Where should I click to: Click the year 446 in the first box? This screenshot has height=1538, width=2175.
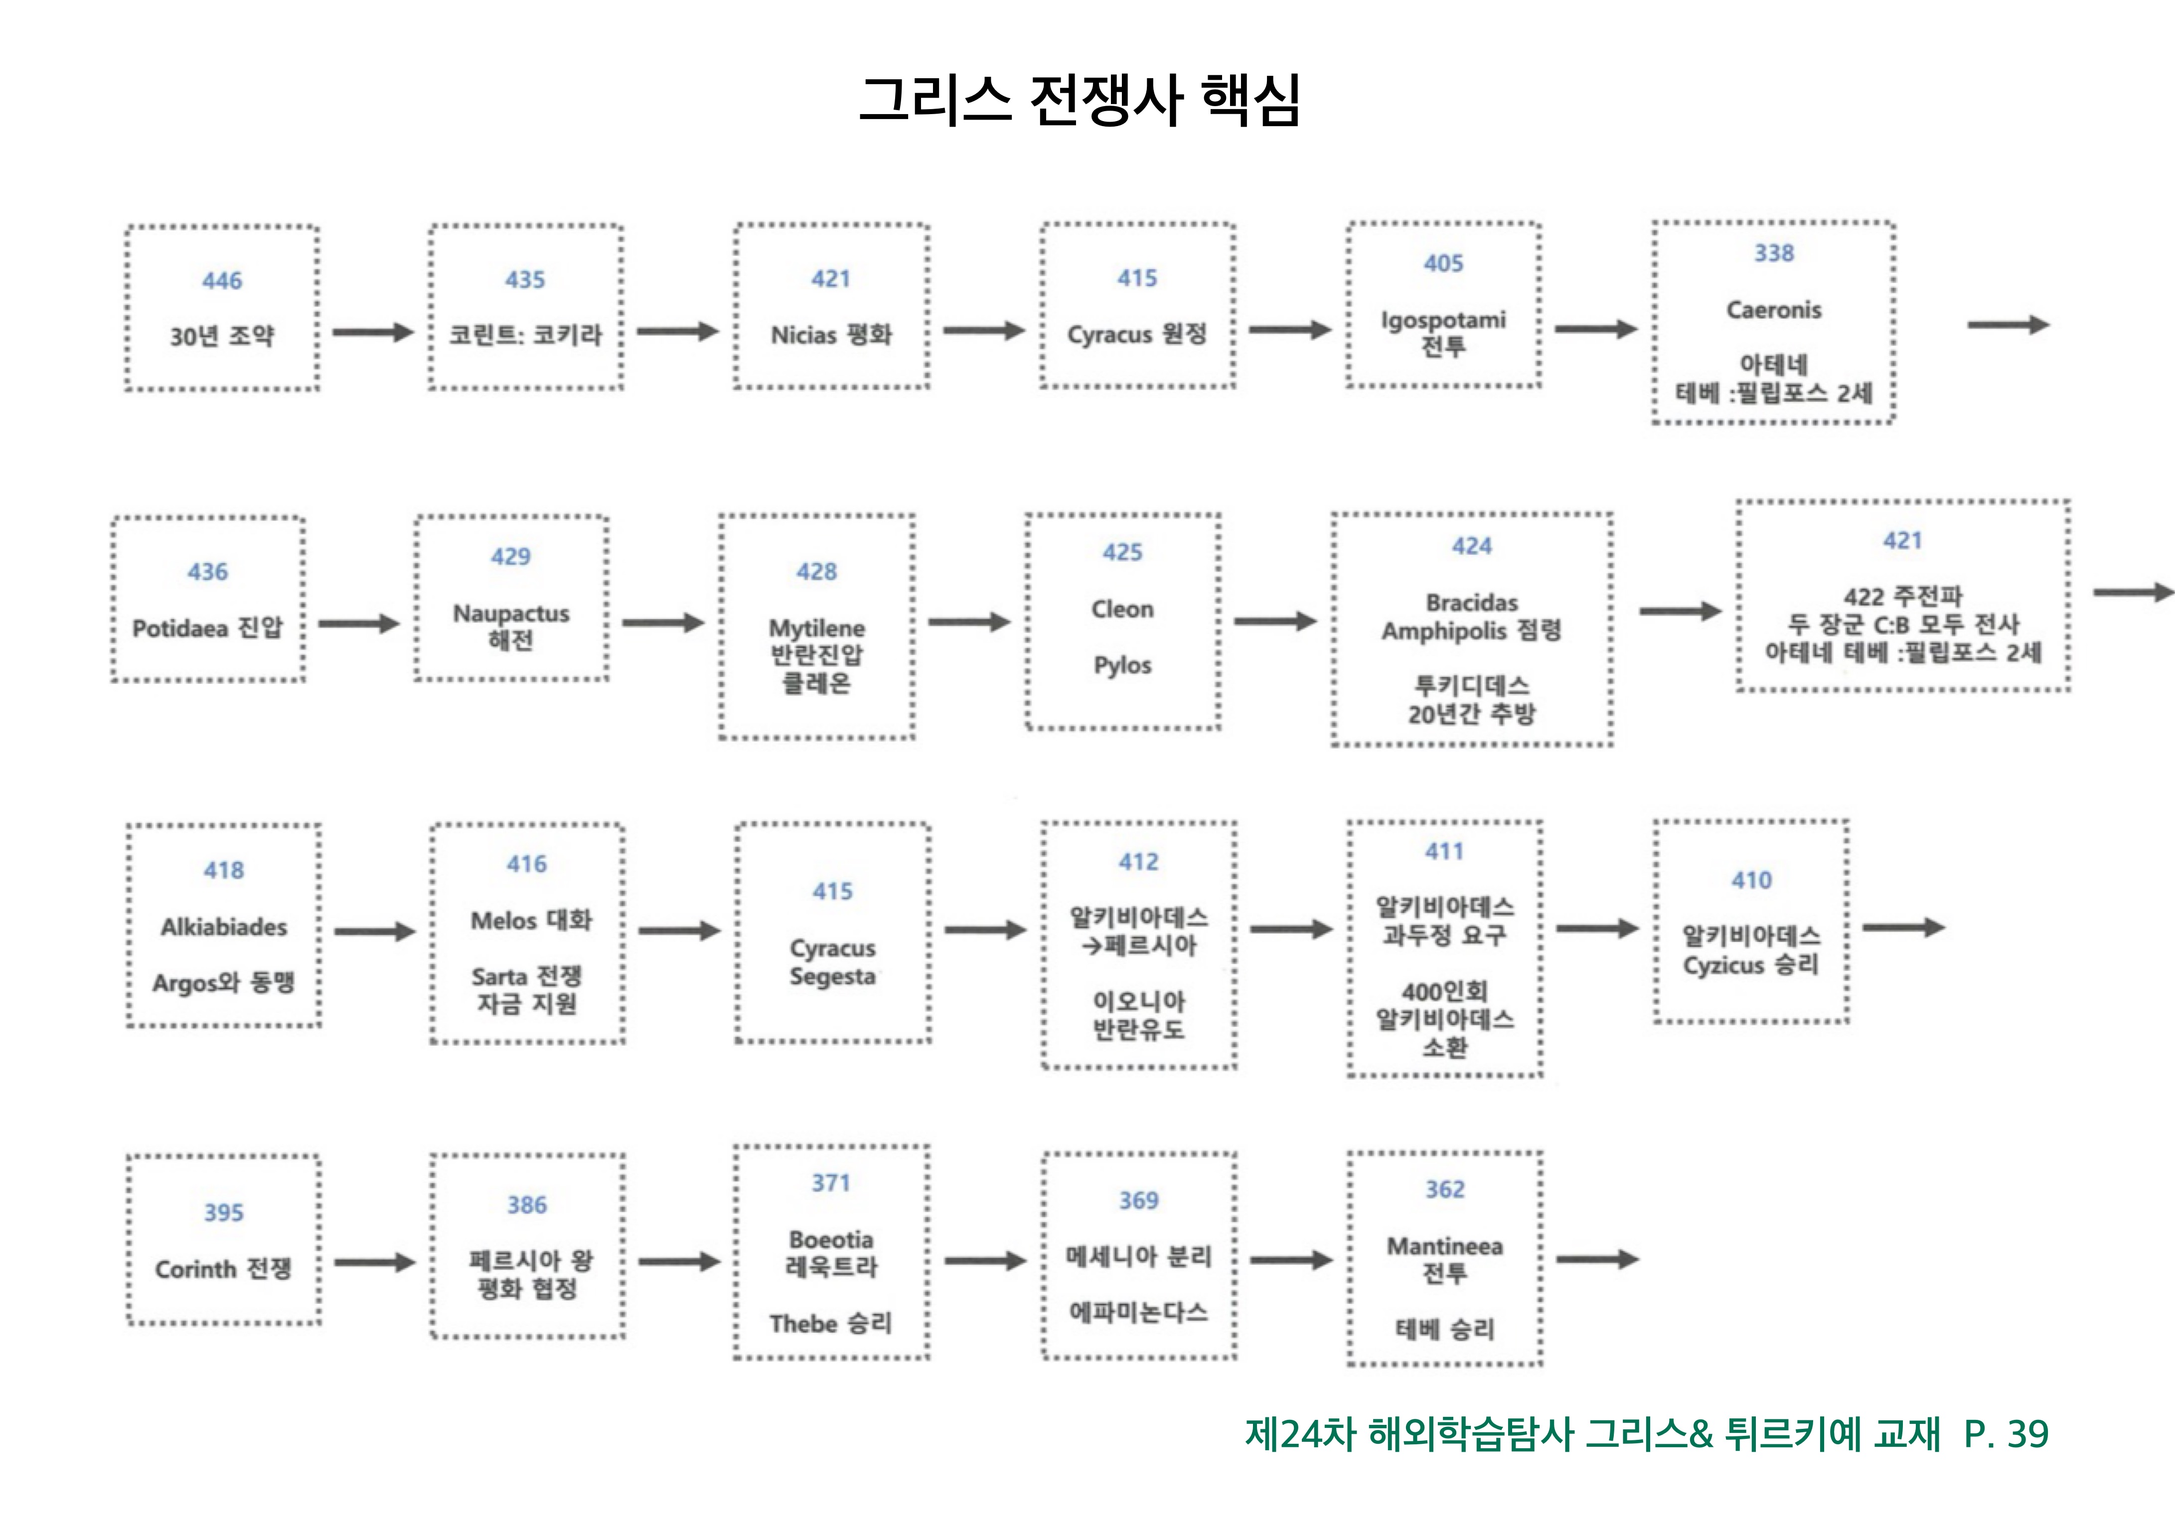click(x=222, y=280)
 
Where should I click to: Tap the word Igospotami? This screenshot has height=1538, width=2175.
click(x=1443, y=320)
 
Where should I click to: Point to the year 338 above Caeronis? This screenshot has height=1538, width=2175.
click(x=1773, y=253)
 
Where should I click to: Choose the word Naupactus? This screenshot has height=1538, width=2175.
click(x=510, y=614)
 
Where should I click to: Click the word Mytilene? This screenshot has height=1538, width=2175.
click(x=815, y=628)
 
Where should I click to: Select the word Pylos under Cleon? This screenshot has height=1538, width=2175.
click(x=1122, y=665)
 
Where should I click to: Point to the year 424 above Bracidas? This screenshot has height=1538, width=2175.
click(x=1471, y=546)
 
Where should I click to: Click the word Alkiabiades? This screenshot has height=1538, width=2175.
click(x=224, y=927)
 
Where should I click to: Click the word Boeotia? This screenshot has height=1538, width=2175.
click(x=831, y=1239)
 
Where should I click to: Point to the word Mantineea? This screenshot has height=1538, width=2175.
click(x=1445, y=1246)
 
